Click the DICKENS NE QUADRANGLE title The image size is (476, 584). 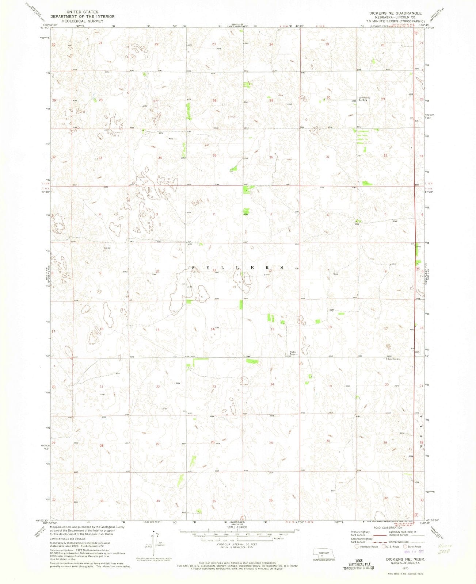tap(390, 13)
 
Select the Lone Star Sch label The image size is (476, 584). tap(395, 359)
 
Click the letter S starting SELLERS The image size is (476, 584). tap(193, 268)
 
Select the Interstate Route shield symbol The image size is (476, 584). tap(357, 547)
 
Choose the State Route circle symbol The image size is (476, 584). tap(405, 547)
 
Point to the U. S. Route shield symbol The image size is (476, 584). tap(384, 547)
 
